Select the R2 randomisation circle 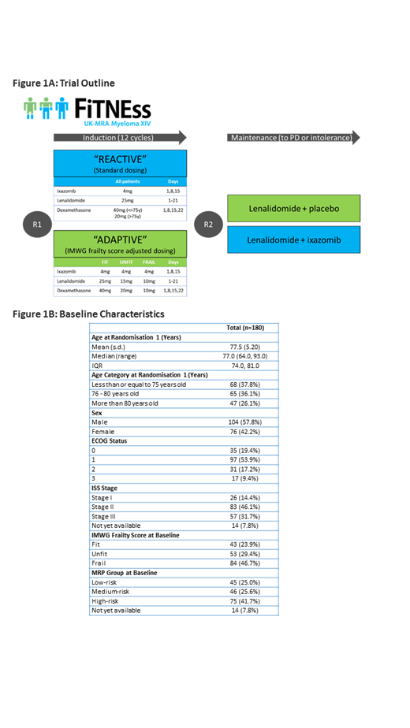coord(207,223)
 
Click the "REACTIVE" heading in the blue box coord(120,158)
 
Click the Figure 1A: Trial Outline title coord(64,83)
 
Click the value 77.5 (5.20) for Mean coord(244,346)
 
